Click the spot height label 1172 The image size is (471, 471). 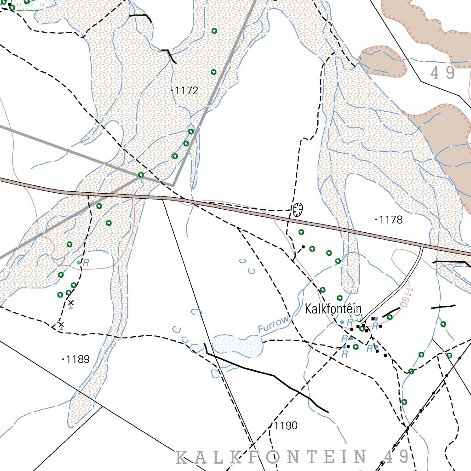tap(187, 91)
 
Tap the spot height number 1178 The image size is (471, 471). tap(391, 220)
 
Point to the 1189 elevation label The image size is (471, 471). tap(78, 359)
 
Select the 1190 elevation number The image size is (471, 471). tap(286, 425)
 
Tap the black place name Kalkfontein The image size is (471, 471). tap(333, 309)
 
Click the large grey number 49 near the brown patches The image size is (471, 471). tap(443, 73)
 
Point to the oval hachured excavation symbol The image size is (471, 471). tap(298, 209)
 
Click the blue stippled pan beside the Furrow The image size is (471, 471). tap(237, 345)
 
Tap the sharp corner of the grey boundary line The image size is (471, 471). tap(173, 184)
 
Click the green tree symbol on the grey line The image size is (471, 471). tap(141, 175)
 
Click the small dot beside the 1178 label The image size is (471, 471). tap(377, 220)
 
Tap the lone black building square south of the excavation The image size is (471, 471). tap(303, 247)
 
